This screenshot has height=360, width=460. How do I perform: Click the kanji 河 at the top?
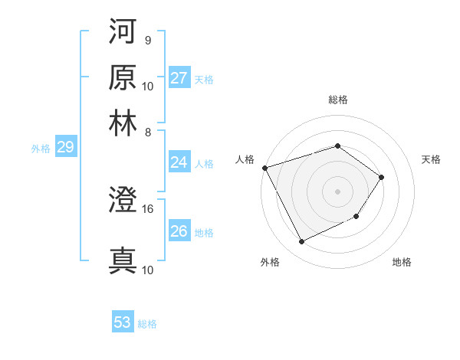(123, 32)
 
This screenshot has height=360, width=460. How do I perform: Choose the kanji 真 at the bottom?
(123, 260)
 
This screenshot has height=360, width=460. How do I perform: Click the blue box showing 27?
(179, 78)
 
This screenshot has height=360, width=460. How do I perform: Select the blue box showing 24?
(179, 162)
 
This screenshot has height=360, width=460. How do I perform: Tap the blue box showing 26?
(179, 231)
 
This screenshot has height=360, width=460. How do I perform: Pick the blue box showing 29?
(65, 148)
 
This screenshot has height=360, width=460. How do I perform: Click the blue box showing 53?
(123, 322)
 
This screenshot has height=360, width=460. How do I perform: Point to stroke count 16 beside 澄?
(147, 208)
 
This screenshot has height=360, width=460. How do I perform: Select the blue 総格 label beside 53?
(147, 324)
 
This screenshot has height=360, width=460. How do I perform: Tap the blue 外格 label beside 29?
(41, 149)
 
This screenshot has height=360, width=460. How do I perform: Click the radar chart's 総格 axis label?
(337, 100)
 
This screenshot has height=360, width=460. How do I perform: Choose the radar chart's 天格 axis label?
(432, 159)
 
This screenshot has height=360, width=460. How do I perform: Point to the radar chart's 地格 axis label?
(402, 263)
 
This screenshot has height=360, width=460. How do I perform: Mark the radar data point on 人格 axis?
(264, 168)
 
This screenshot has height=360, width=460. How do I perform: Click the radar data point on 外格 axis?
(301, 242)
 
